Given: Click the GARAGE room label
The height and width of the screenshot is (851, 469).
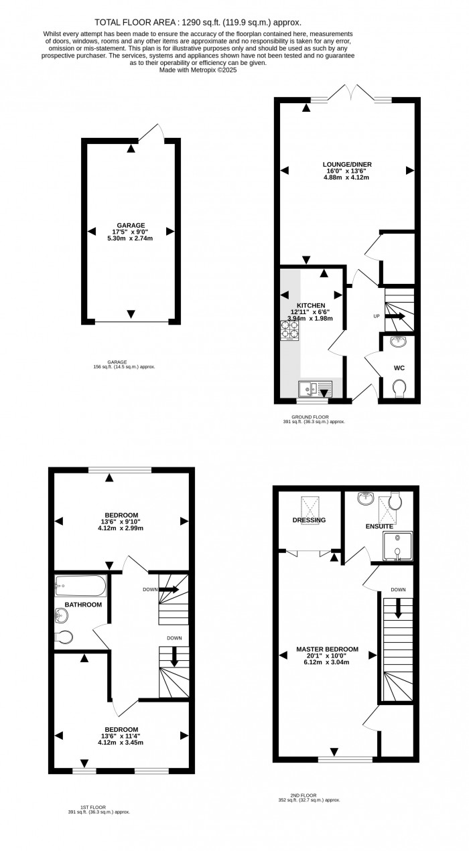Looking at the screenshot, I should [131, 225].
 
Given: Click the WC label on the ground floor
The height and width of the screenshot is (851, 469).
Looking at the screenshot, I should [399, 368].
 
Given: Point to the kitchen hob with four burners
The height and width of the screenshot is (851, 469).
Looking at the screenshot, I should [290, 331].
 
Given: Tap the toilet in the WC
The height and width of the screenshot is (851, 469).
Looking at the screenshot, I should [399, 389].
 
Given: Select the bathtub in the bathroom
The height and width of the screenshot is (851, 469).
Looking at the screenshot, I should [80, 586].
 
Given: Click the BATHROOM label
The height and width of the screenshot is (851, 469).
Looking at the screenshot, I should [83, 605].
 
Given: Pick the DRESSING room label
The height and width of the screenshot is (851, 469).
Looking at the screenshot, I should [309, 520].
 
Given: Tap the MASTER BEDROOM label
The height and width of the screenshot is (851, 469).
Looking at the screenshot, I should [328, 649].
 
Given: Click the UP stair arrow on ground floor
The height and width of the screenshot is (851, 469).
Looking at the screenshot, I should [395, 316].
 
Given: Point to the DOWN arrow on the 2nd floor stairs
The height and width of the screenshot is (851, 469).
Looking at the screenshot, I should [399, 607].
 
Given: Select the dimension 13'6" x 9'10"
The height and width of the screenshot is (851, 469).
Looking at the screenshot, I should [121, 522].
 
